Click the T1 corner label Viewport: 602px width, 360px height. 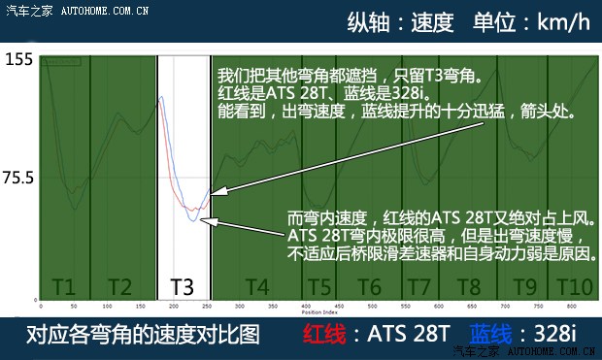click(x=64, y=287)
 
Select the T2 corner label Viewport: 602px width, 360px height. click(x=118, y=287)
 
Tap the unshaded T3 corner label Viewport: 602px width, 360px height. click(x=182, y=287)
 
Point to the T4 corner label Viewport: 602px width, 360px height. click(x=256, y=287)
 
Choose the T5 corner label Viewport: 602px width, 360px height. click(x=319, y=287)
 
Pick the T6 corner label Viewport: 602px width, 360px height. click(x=369, y=287)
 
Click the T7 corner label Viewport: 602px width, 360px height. click(x=418, y=287)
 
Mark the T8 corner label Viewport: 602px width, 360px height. click(x=469, y=287)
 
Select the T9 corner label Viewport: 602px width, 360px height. click(x=524, y=287)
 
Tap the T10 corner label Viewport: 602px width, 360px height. click(x=574, y=287)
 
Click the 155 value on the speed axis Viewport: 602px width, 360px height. click(x=18, y=59)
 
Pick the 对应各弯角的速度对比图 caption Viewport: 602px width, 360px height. click(x=141, y=336)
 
